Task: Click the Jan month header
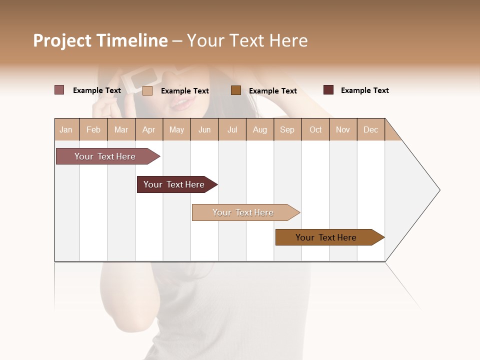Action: click(x=66, y=129)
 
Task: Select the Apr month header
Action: click(x=149, y=129)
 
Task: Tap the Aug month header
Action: click(x=260, y=129)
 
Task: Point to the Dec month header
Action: click(x=370, y=129)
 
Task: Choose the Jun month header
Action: click(x=204, y=129)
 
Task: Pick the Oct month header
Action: click(x=315, y=129)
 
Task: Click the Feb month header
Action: click(x=93, y=129)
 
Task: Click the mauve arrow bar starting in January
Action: click(x=105, y=156)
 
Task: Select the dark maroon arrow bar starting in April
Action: click(x=174, y=184)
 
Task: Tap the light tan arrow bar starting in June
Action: click(x=243, y=212)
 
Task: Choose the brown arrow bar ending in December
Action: click(x=326, y=237)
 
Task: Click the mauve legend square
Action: click(x=59, y=90)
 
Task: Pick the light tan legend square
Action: click(x=147, y=90)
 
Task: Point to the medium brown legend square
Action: click(x=236, y=90)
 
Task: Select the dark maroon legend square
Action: click(x=328, y=90)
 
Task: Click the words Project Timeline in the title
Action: click(x=100, y=40)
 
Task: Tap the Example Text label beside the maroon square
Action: click(x=364, y=90)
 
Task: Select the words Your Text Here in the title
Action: click(x=247, y=40)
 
